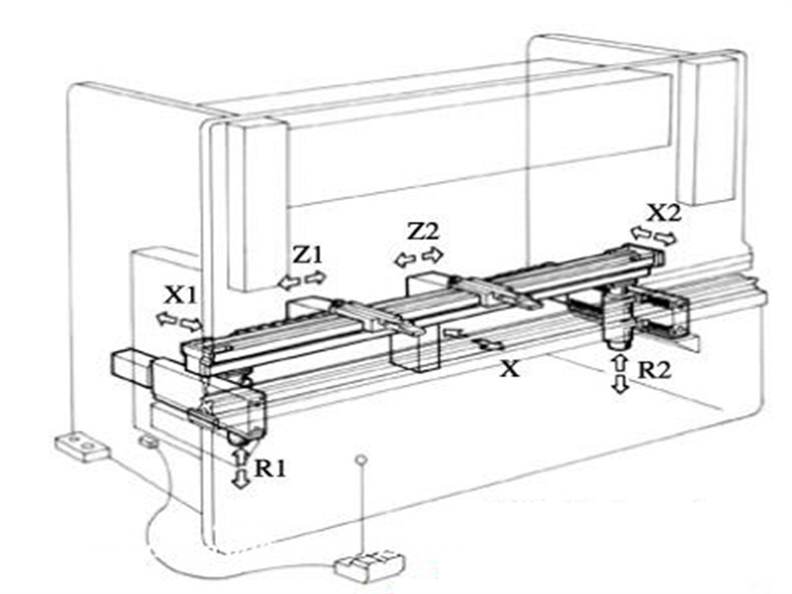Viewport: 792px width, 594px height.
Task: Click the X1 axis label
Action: pos(181,295)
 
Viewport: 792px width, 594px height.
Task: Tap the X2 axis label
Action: pos(664,213)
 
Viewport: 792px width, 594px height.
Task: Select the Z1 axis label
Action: pos(308,255)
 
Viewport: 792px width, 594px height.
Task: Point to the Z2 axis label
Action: pos(424,232)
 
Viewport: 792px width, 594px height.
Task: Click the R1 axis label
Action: pos(270,469)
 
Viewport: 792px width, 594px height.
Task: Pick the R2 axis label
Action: pos(654,370)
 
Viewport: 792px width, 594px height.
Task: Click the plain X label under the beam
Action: pos(510,369)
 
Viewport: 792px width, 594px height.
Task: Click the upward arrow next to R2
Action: pos(620,363)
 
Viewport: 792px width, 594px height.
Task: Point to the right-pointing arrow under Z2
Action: pos(433,254)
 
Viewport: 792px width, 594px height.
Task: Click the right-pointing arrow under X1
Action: pos(191,325)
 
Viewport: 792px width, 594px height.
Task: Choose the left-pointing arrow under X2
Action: pos(642,233)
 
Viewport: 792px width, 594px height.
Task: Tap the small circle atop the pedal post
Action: pos(361,459)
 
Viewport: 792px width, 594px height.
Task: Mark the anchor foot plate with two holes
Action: pos(81,447)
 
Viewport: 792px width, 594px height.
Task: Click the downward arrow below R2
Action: pos(620,384)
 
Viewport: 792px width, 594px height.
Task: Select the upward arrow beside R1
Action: pos(241,457)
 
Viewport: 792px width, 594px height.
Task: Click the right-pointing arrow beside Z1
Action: pos(316,277)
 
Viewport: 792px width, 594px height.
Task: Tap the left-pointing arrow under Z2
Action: pos(405,260)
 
